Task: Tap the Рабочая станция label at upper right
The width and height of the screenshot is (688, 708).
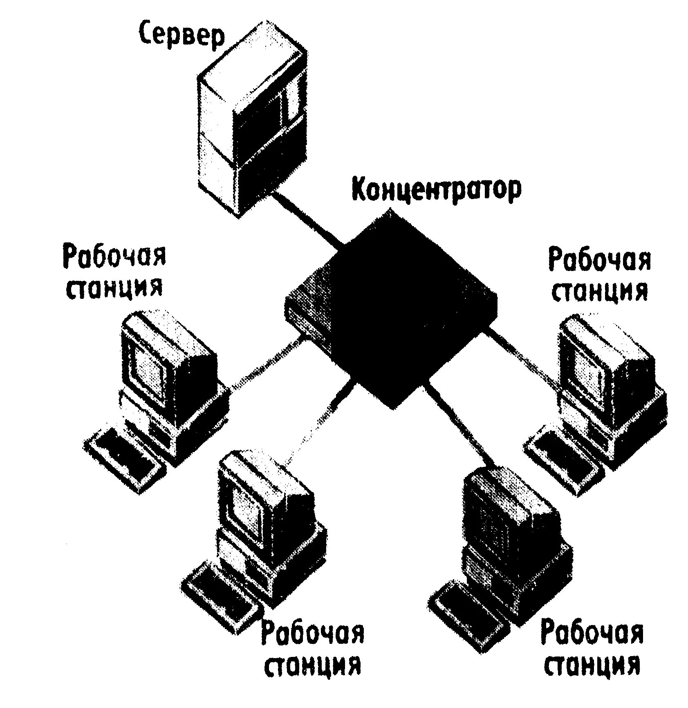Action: tap(599, 276)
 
